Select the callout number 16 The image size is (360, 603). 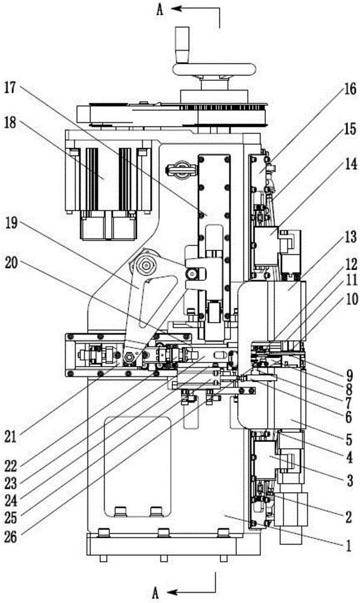350,90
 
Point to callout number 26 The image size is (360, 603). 10,537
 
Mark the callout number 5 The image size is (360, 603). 349,439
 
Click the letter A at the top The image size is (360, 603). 160,10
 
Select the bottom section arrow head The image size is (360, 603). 171,591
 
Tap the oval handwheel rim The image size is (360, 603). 215,69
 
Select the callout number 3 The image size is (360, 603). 349,481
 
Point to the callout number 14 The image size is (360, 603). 350,164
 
